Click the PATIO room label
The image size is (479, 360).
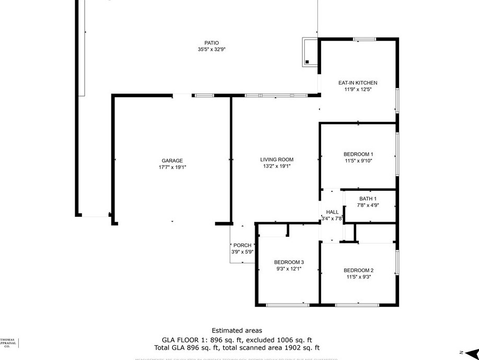(211, 43)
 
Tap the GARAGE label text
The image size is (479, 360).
(172, 161)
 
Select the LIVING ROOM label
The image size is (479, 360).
(277, 160)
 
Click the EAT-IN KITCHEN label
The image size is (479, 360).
(358, 83)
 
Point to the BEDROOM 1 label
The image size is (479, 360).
(358, 154)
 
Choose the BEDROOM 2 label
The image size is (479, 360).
(358, 270)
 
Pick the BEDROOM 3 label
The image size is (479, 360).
(289, 262)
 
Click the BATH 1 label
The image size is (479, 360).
(368, 199)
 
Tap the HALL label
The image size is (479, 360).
(332, 212)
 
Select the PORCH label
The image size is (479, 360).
(242, 245)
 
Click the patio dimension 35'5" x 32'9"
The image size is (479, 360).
(211, 50)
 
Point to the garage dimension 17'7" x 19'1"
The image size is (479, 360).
(172, 167)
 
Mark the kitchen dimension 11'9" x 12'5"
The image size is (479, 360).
(358, 89)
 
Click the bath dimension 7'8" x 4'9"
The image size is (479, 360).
(368, 205)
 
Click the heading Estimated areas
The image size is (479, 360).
(237, 330)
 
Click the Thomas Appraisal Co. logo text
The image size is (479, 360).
(7, 343)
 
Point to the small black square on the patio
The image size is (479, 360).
(307, 62)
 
